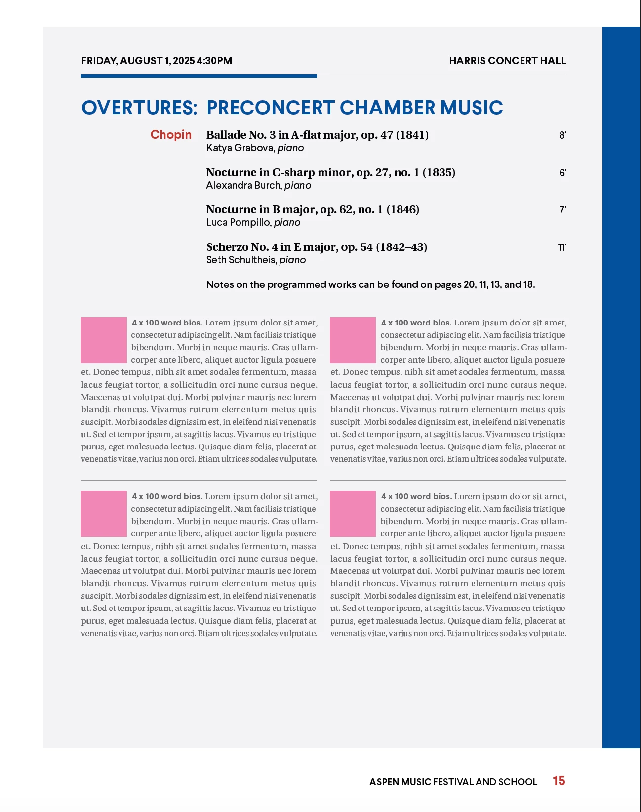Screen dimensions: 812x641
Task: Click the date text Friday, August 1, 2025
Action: [138, 61]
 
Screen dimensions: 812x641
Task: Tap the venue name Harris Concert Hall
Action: [507, 61]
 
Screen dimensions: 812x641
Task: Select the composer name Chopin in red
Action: [171, 135]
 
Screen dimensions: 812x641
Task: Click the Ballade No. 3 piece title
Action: [317, 135]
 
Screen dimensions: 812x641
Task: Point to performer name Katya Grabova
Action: [240, 148]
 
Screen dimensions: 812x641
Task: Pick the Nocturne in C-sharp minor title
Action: [330, 172]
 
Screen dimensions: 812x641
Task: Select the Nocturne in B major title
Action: [313, 209]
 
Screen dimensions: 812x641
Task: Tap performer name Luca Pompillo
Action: [239, 222]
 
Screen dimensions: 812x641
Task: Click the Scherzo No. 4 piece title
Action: [317, 247]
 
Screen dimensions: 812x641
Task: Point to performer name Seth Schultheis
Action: [241, 260]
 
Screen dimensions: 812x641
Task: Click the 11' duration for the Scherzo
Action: [561, 247]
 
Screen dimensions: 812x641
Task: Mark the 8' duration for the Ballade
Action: [562, 135]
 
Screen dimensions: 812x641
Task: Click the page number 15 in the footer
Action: [559, 781]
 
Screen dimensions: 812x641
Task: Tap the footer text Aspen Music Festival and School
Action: [453, 782]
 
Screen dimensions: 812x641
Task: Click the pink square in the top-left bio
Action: [104, 340]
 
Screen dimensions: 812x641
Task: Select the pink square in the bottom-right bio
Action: [353, 514]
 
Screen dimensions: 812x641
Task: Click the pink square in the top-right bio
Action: [353, 340]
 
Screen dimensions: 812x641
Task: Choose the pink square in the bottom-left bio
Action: [104, 514]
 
